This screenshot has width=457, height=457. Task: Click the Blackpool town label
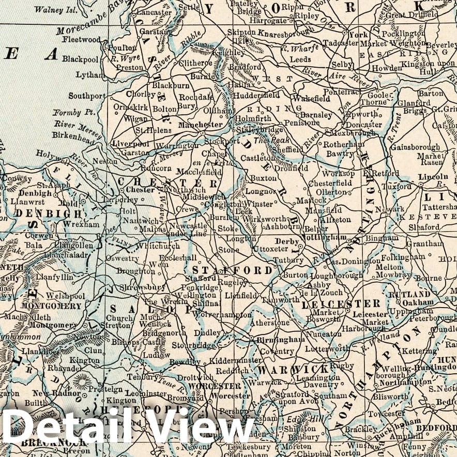[x=80, y=58]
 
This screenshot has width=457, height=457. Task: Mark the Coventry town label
[x=277, y=351]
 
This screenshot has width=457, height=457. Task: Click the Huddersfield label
[x=256, y=96]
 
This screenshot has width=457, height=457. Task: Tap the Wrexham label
[x=82, y=224]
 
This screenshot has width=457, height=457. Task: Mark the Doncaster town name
[x=364, y=125]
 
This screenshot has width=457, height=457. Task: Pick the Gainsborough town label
[x=415, y=147]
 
